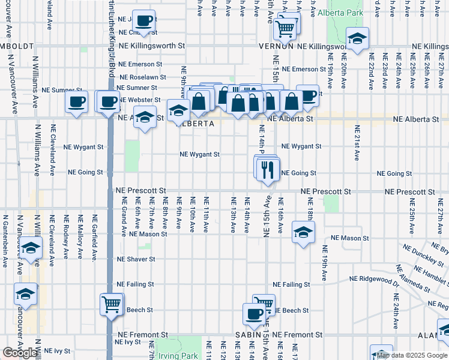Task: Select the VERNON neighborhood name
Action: (x=276, y=46)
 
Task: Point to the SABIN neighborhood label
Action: (x=254, y=334)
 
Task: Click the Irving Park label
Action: (x=178, y=355)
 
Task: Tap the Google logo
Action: (x=20, y=353)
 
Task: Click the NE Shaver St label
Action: (x=136, y=260)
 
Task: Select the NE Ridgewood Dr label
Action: (x=375, y=280)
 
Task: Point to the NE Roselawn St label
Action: (x=142, y=77)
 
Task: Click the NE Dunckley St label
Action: (x=423, y=255)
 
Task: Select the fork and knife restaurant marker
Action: (x=268, y=170)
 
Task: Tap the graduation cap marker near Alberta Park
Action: (x=357, y=41)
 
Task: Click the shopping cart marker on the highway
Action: (x=112, y=305)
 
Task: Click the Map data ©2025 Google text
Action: (x=412, y=355)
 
